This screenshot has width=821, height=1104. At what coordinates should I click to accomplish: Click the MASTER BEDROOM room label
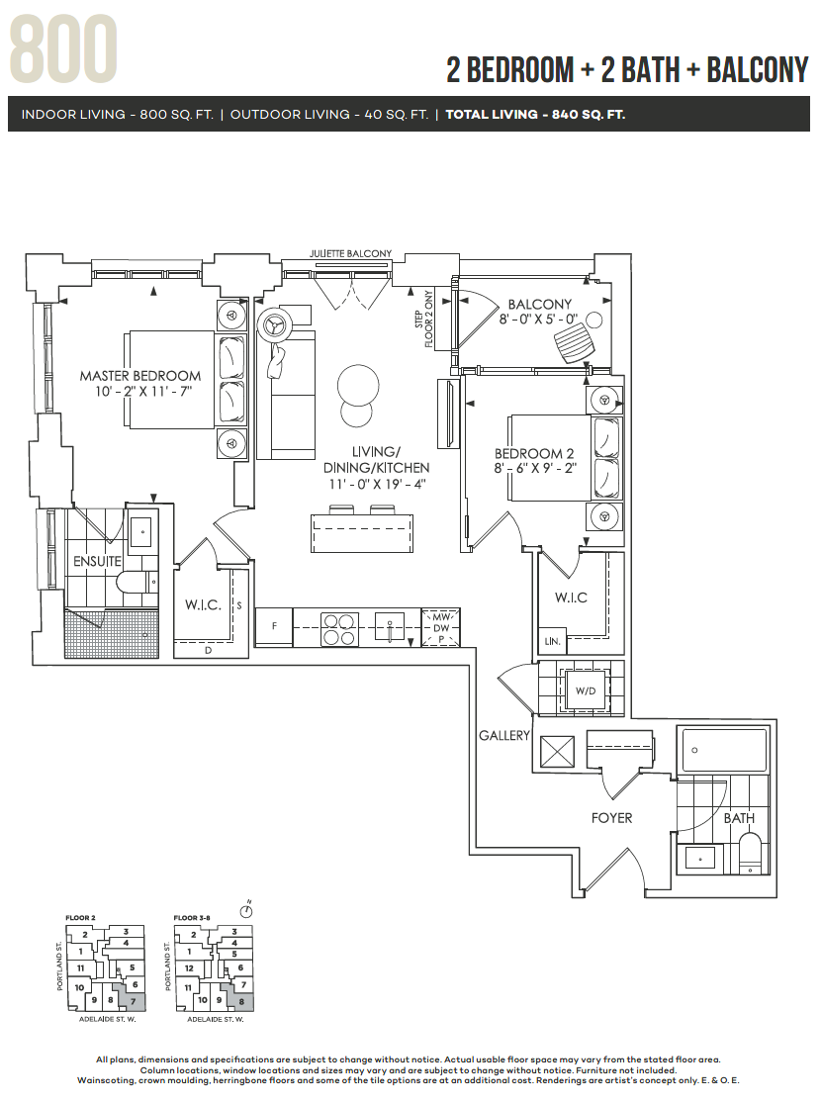[140, 376]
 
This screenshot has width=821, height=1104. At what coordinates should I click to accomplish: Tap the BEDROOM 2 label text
[535, 454]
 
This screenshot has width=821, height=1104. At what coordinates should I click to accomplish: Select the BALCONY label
[539, 304]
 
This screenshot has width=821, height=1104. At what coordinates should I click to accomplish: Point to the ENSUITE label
[96, 562]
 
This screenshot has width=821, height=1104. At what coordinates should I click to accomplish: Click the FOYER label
[611, 818]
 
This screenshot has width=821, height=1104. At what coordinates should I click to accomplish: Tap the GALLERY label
[504, 735]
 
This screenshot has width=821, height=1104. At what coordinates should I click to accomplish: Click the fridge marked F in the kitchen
[274, 626]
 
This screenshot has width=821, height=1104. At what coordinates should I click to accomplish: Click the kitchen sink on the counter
[390, 626]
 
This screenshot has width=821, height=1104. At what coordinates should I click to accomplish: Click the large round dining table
[357, 386]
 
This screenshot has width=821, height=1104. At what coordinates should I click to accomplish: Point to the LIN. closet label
[552, 642]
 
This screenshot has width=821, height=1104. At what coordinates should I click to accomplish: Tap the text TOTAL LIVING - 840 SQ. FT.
[535, 115]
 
